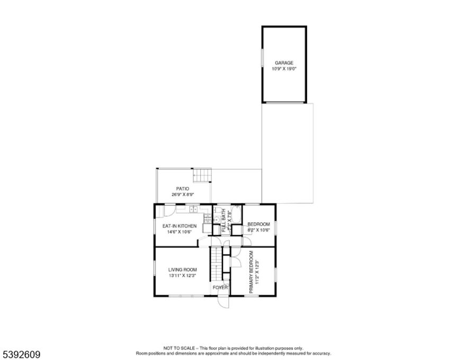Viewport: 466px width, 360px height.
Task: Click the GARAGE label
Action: (284, 62)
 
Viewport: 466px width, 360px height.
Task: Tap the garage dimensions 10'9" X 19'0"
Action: (284, 68)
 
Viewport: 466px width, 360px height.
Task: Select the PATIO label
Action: (183, 188)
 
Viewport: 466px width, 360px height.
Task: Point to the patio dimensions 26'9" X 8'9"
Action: (183, 194)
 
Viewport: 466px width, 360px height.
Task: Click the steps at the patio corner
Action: (202, 175)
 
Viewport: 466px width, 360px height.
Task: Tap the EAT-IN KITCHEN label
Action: (179, 226)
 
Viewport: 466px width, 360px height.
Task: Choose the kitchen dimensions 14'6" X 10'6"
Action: (179, 232)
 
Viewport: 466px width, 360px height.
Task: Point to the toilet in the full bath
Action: (217, 219)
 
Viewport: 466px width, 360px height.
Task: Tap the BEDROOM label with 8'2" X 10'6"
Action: (259, 224)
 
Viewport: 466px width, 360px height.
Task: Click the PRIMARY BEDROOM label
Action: (252, 272)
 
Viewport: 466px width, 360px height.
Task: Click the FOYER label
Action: (220, 287)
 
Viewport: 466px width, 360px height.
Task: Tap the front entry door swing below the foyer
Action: (222, 303)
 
